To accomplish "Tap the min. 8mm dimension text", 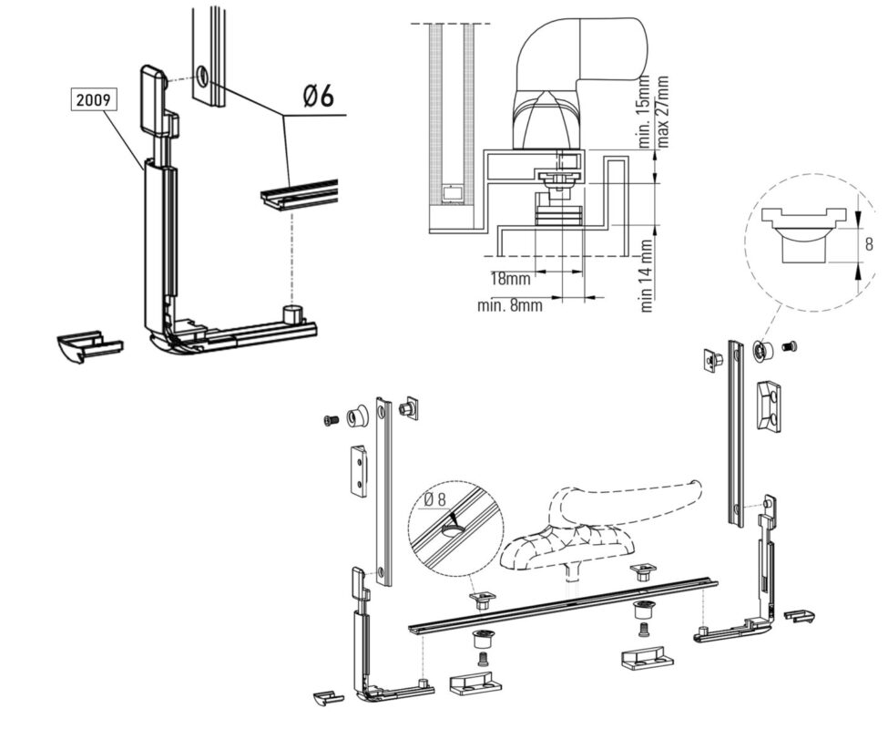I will pos(509,305).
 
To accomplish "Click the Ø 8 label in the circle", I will pos(440,498).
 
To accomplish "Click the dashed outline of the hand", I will pos(601,510).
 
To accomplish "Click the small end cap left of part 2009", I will pos(88,346).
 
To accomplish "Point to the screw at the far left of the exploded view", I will pos(330,420).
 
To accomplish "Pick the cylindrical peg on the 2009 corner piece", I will pos(293,314).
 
